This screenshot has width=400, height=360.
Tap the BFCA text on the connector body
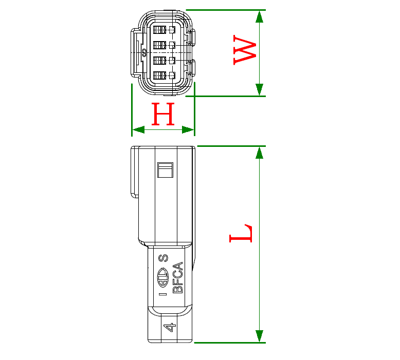click(x=178, y=278)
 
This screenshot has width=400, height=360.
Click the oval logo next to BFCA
click(x=162, y=279)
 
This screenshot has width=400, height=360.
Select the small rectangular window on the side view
click(x=165, y=170)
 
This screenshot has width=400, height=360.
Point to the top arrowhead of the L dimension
click(x=260, y=153)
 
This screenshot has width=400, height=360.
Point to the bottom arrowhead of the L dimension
click(x=260, y=336)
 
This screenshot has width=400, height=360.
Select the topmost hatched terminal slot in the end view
click(x=159, y=30)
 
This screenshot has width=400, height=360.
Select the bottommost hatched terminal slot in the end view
click(x=159, y=76)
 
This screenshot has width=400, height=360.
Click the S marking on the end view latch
click(x=144, y=52)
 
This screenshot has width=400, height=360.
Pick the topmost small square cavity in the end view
click(x=172, y=30)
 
